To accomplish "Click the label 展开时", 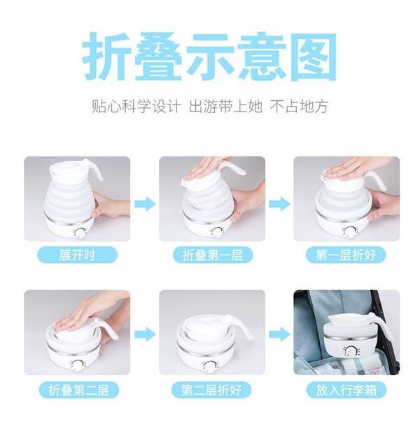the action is [x=78, y=254].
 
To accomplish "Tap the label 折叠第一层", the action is [x=213, y=254].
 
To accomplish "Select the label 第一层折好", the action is [x=346, y=254].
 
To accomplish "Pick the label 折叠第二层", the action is [x=78, y=390].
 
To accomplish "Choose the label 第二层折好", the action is [x=211, y=390].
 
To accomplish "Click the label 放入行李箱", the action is [x=346, y=390].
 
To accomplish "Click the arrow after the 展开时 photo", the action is [x=145, y=204].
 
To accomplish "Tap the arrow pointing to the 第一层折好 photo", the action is [x=280, y=204].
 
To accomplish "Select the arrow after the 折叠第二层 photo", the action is [x=145, y=334].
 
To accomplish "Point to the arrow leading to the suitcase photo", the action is [x=280, y=334].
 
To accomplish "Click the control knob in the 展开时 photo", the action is [x=80, y=233].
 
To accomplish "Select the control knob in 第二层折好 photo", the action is [x=209, y=366].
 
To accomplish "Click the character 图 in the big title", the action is [x=314, y=56].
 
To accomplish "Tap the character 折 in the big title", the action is [x=107, y=56].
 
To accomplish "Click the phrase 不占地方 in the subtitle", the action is [x=299, y=107].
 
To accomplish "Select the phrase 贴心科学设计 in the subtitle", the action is [x=136, y=107].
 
